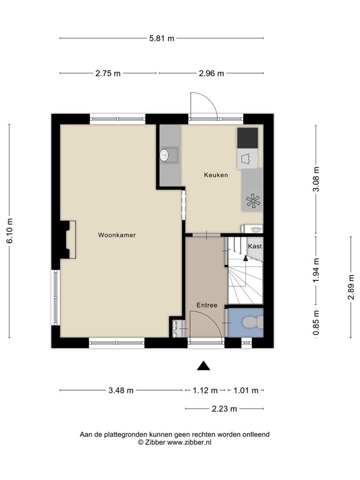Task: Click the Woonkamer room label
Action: [x=117, y=235]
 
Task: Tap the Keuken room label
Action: [x=216, y=175]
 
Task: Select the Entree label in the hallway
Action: [x=207, y=305]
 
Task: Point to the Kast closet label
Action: [x=254, y=246]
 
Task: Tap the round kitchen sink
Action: [x=165, y=155]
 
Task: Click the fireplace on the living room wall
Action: [x=66, y=241]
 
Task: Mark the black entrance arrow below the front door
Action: [x=202, y=366]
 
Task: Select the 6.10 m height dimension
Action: [x=10, y=232]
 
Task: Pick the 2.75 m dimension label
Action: [x=107, y=73]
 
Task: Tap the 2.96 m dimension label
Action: [x=211, y=73]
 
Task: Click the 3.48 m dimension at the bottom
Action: [x=121, y=391]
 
